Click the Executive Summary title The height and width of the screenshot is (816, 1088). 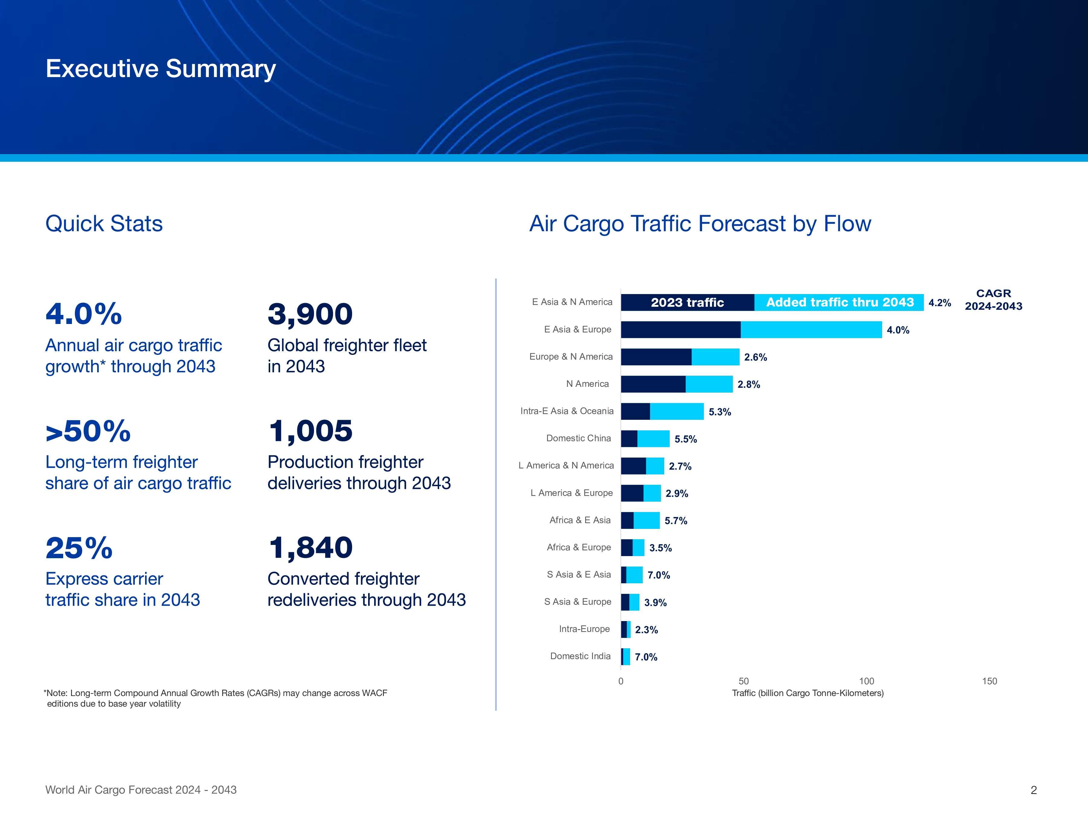tap(160, 69)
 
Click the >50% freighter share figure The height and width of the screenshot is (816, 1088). tap(88, 431)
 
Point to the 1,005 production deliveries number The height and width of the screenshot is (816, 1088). tap(310, 431)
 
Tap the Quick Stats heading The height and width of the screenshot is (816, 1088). tap(104, 224)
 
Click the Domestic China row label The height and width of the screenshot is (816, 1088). tap(578, 438)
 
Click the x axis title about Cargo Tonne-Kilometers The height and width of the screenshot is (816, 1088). tap(808, 693)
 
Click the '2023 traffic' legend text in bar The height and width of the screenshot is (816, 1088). tap(687, 303)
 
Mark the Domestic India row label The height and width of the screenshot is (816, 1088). tap(580, 656)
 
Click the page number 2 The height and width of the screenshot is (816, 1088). tap(1033, 790)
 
